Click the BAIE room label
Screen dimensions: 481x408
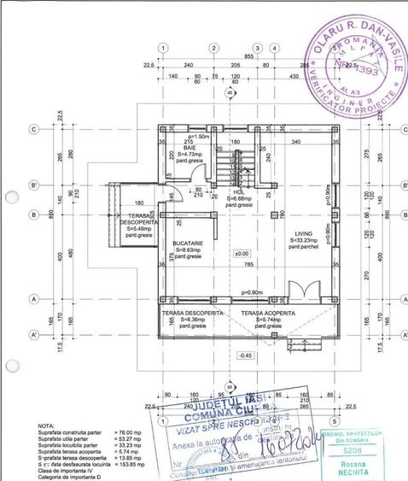pos(189,148)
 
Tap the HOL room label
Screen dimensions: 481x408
pos(240,192)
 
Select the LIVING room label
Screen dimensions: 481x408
pos(304,232)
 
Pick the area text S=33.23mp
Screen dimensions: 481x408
pos(304,240)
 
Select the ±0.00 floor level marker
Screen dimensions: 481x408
pos(242,254)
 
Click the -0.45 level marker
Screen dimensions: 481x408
pos(245,355)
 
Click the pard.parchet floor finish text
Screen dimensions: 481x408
pos(304,248)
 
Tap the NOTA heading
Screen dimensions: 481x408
pos(48,425)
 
